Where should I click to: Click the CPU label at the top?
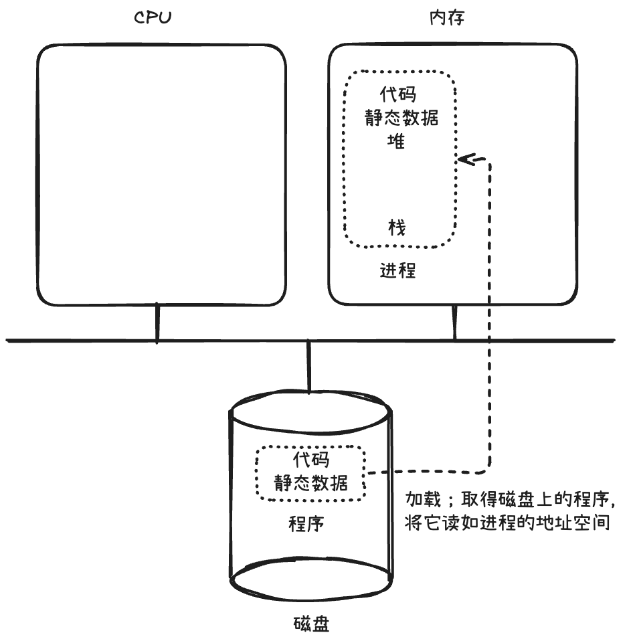pos(153,18)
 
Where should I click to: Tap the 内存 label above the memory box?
pos(446,18)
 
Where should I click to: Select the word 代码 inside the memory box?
pos(397,94)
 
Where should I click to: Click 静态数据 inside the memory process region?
pos(401,118)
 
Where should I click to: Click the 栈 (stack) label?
pos(397,227)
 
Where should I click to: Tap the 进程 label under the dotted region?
pos(398,271)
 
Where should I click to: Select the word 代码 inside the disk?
pos(311,460)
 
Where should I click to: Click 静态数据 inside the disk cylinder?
pos(311,483)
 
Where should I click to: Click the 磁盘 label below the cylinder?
pos(311,625)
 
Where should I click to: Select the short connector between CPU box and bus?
pos(157,323)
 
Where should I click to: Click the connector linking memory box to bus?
pos(454,323)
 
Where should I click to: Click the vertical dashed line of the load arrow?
pos(491,314)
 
